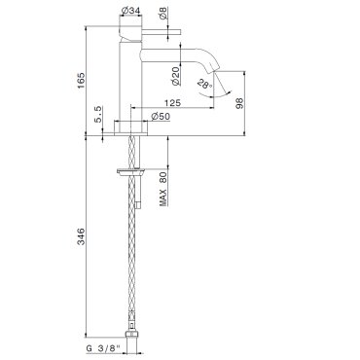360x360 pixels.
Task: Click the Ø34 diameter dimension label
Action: [130, 11]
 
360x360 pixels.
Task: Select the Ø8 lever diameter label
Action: [163, 13]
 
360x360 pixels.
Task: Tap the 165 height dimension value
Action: [81, 81]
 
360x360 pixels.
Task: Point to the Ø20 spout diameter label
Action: [175, 76]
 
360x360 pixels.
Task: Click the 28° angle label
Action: [204, 85]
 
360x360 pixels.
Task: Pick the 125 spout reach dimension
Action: [172, 103]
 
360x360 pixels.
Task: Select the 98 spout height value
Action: [239, 103]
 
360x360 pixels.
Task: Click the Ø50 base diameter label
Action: [161, 116]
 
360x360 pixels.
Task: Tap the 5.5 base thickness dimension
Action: [98, 114]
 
